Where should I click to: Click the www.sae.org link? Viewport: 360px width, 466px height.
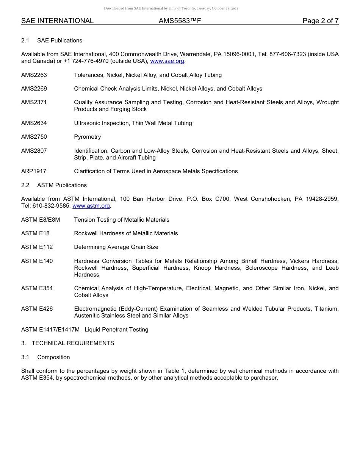167,61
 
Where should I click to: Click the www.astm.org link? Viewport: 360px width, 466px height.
91,206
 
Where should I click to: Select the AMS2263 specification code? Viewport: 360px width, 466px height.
34,75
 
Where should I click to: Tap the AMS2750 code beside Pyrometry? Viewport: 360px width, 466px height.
34,137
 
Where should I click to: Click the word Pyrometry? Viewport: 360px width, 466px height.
88,137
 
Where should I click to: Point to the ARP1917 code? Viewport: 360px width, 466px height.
34,171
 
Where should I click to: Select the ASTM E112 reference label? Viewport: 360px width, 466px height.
37,247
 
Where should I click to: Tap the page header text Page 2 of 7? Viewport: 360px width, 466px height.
320,21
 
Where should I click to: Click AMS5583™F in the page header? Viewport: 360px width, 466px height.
180,21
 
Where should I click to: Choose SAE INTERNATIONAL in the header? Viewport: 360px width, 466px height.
57,21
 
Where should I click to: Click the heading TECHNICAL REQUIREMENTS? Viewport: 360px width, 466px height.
73,343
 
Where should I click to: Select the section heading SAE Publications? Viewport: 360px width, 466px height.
59,41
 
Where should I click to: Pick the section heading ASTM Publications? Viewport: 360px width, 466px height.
62,185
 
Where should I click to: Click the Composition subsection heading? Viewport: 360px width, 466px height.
53,357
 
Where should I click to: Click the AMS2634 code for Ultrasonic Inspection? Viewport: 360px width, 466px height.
34,123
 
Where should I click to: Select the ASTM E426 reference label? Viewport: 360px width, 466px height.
37,309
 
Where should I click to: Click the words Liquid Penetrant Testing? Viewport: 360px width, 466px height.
116,330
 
